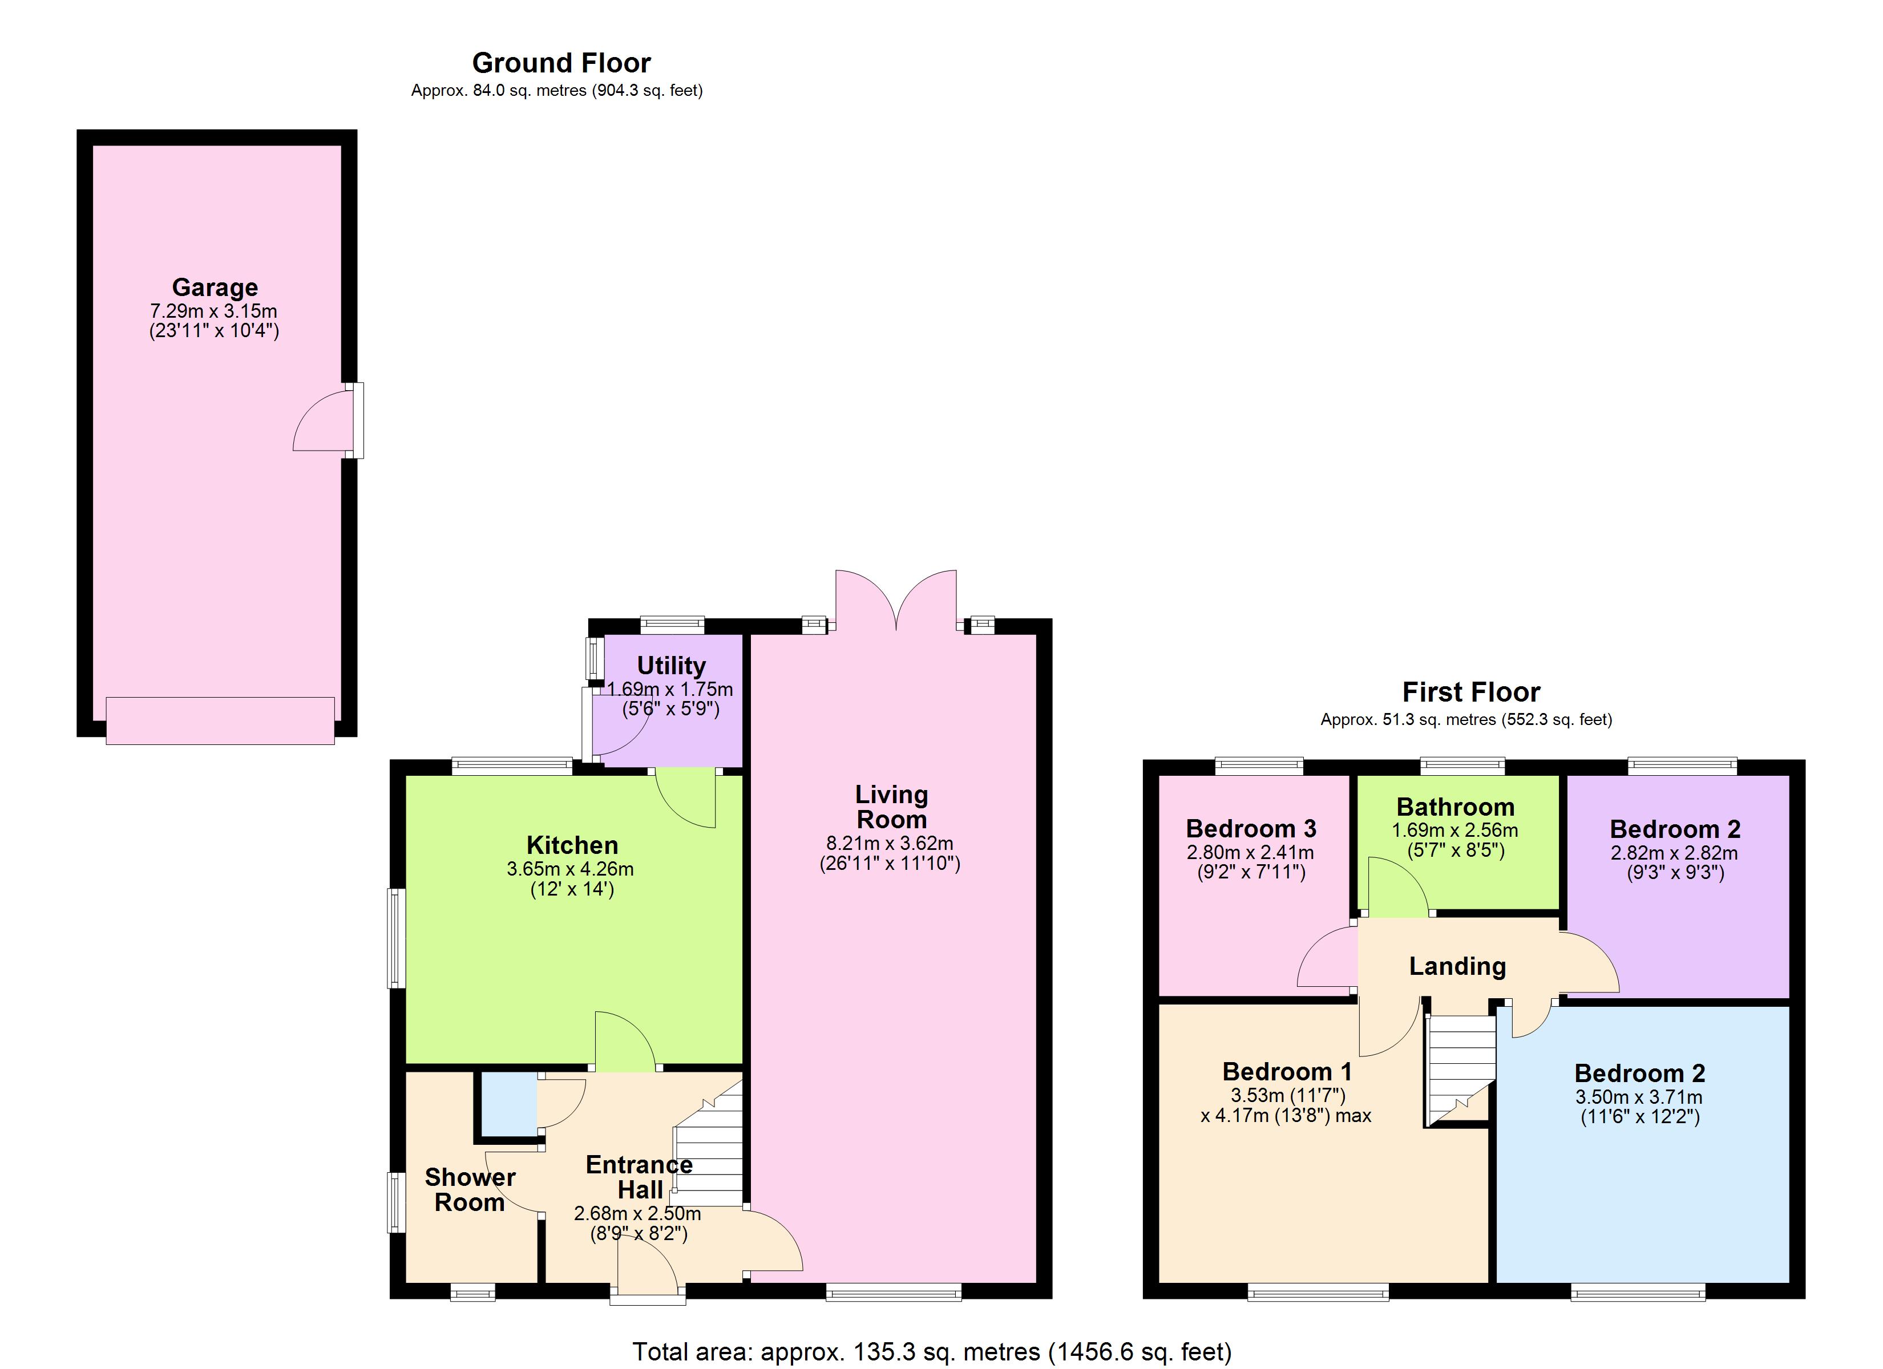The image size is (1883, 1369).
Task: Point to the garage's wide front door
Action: (220, 720)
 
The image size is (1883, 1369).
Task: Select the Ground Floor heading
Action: (561, 63)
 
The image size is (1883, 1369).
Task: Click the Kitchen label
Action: (572, 845)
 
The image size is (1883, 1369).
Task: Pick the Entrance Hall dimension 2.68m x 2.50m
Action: (637, 1214)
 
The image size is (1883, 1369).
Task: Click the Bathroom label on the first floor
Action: (1456, 807)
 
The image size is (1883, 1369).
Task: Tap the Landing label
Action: (1457, 966)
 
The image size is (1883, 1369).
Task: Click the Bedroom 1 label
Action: (1287, 1072)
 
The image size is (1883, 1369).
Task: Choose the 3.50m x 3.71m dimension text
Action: (1639, 1097)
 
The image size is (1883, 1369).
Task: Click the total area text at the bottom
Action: (932, 1351)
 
